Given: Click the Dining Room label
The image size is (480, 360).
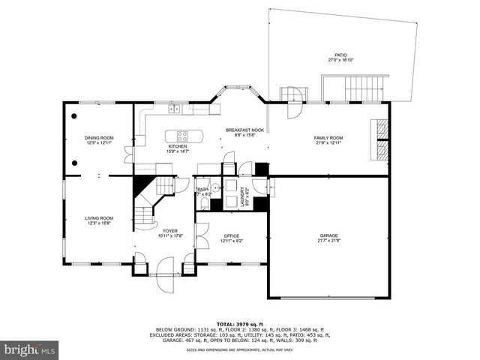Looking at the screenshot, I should pos(99,137).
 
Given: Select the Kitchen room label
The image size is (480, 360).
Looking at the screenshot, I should pos(177,146).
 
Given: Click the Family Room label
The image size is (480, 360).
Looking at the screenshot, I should pos(328,138).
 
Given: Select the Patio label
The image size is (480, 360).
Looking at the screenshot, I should pos(341,55).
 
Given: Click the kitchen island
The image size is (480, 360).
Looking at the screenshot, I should pos(188,136).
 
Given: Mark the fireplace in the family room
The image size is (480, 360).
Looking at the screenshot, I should pos(382,139).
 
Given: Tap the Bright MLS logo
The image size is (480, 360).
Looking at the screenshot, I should pos(30,349).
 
